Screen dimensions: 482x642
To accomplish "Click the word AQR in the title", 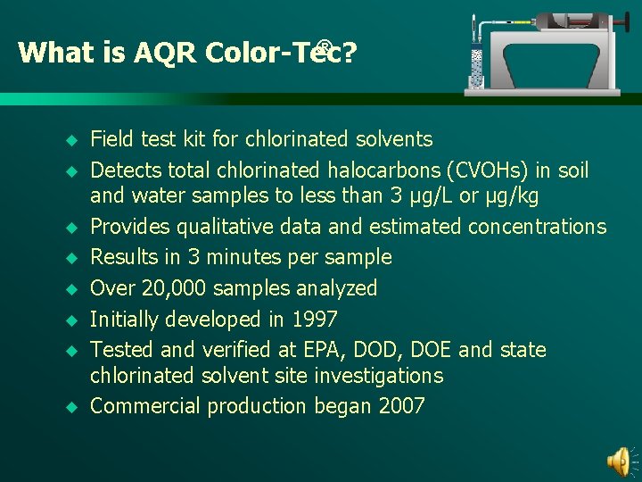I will point(165,54).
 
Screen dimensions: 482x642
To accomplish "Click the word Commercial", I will point(145,406).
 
